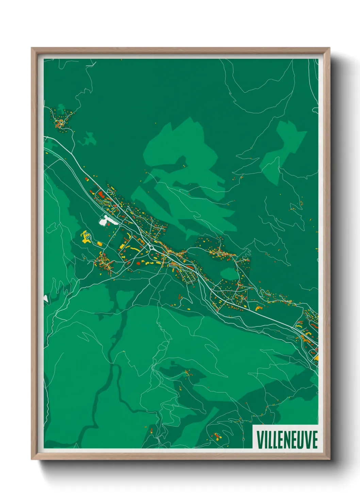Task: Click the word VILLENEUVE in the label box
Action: tap(287, 439)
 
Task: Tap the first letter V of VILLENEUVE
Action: tap(260, 439)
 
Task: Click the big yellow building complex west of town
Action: tap(85, 237)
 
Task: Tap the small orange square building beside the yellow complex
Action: tap(100, 244)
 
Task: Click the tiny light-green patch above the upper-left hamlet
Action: tap(61, 108)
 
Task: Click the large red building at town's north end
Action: tap(101, 195)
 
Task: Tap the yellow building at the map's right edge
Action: tap(316, 358)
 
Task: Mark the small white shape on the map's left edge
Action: tap(46, 298)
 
